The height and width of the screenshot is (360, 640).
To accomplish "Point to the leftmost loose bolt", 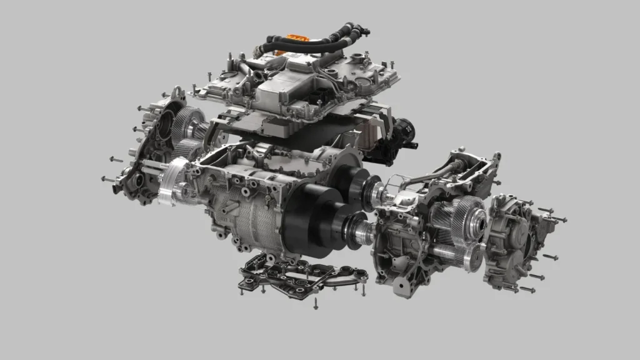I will [106, 179].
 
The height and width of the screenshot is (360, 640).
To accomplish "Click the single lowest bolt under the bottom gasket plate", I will [316, 304].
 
